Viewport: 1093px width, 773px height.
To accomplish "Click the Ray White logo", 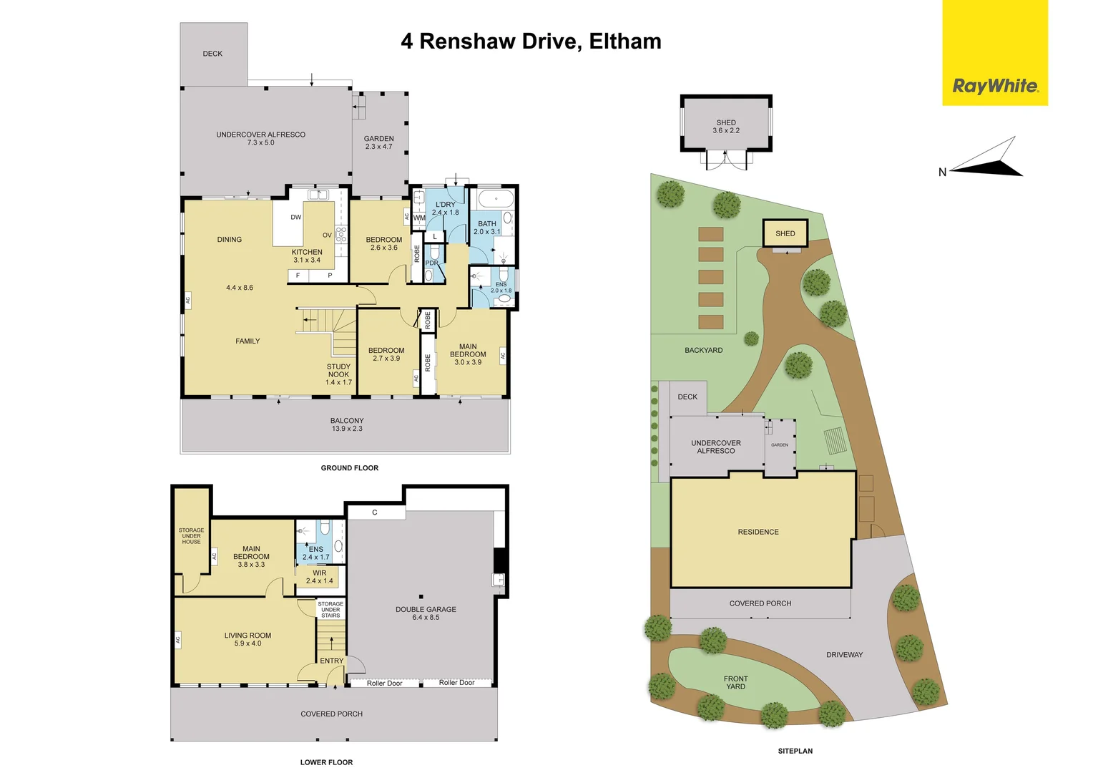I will click(994, 86).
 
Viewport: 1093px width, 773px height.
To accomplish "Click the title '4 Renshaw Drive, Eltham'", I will click(531, 42).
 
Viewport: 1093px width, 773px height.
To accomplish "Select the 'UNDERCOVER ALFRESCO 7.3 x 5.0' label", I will click(260, 138).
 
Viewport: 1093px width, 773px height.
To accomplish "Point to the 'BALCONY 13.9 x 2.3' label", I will click(347, 424).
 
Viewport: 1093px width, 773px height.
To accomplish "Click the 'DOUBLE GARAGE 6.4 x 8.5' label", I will click(426, 613).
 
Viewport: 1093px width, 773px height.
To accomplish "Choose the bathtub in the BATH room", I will click(495, 199).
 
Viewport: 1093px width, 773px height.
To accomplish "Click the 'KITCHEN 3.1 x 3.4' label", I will click(307, 256).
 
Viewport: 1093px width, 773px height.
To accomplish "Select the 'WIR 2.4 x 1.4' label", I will click(319, 577).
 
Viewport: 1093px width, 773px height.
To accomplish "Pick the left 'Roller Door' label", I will click(384, 684).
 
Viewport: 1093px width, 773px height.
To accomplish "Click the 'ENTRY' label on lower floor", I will click(331, 661).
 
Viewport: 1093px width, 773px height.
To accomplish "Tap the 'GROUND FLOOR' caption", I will click(349, 468).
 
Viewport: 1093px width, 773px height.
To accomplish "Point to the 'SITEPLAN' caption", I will click(795, 751).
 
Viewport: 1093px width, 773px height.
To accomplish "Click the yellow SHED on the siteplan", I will click(785, 233).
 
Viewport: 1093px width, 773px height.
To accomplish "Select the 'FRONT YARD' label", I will click(735, 683).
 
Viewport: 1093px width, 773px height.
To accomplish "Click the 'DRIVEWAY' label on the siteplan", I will click(844, 655).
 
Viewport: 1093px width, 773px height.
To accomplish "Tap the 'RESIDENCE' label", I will click(758, 532).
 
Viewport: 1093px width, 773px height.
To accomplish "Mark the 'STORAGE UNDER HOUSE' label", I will click(191, 536).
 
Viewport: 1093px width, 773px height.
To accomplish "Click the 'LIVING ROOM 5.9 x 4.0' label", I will click(247, 639).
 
